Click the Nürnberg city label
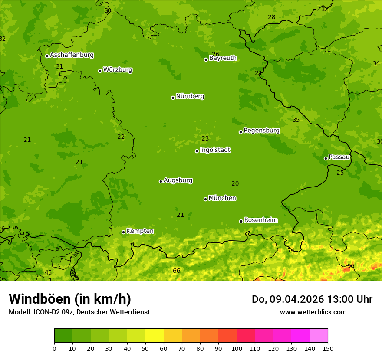click(x=190, y=96)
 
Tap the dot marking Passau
click(x=326, y=158)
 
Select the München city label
click(x=222, y=198)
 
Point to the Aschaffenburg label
click(x=72, y=55)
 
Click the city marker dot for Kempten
click(x=123, y=232)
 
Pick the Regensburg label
click(x=261, y=131)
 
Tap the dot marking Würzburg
click(x=100, y=71)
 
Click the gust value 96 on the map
click(x=351, y=266)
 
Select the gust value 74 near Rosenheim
click(x=291, y=250)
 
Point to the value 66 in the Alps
click(x=176, y=271)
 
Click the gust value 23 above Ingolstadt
click(x=205, y=139)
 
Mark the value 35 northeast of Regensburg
click(x=296, y=120)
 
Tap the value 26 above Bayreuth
click(x=215, y=54)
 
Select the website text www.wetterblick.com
click(x=313, y=312)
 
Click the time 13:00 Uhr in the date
click(x=349, y=299)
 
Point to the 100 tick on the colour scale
click(x=237, y=348)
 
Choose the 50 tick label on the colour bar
click(x=145, y=348)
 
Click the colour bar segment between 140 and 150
click(x=319, y=335)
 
